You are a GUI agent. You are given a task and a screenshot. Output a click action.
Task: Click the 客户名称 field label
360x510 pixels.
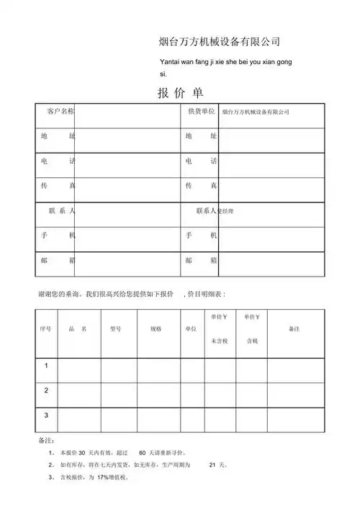(60, 112)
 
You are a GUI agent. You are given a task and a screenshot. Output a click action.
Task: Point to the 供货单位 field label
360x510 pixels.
(201, 112)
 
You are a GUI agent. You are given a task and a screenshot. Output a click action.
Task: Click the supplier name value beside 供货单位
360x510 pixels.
(256, 112)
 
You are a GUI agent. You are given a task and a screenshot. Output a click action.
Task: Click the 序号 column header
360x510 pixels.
(45, 328)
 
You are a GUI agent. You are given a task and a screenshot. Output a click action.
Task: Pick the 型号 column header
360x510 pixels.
(115, 328)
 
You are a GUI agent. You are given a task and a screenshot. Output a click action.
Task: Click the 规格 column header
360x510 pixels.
(156, 328)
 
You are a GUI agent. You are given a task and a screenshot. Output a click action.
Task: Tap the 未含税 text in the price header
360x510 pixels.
(220, 341)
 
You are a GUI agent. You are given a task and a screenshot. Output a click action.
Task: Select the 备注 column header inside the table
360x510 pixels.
(294, 328)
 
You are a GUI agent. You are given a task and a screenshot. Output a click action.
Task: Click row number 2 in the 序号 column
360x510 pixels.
(46, 390)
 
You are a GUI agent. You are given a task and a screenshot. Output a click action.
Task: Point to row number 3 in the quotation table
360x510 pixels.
(46, 415)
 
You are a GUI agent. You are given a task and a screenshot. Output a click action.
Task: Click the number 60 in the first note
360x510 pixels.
(142, 453)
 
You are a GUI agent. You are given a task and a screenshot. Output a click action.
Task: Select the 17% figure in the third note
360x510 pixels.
(102, 478)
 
